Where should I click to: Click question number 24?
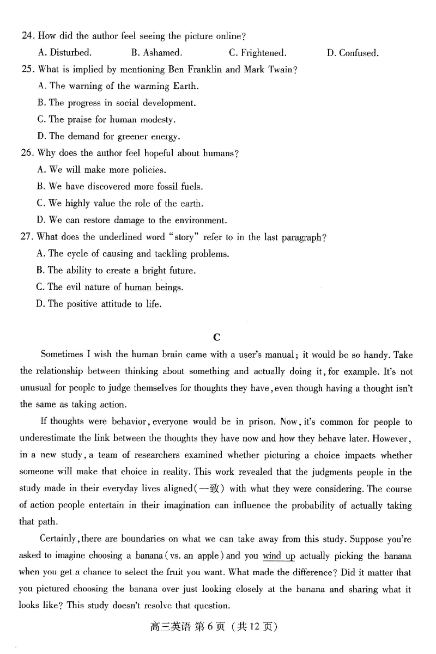click(27, 36)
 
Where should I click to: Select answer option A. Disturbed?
click(64, 53)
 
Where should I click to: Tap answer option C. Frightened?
click(257, 53)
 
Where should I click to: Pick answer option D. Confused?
click(353, 53)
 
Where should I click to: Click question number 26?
click(27, 153)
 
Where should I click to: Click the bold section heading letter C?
click(217, 337)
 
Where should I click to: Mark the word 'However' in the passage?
click(392, 439)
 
